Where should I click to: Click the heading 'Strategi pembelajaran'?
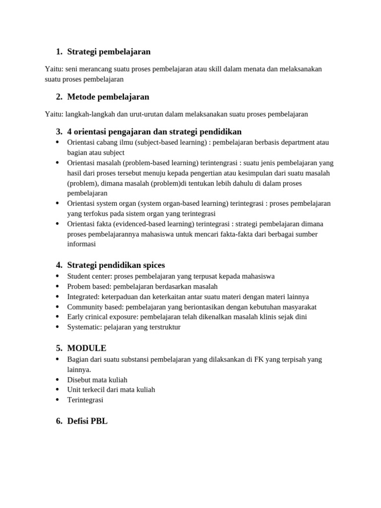click(x=109, y=52)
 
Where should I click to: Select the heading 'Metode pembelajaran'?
click(x=108, y=96)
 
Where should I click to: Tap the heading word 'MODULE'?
click(x=86, y=348)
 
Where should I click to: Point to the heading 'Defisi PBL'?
click(x=87, y=421)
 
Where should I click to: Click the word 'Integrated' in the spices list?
click(x=83, y=297)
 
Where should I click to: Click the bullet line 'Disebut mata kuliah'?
click(x=97, y=380)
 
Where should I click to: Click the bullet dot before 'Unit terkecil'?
click(x=57, y=389)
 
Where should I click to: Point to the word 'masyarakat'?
click(x=298, y=307)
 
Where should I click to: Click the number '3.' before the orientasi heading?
click(x=59, y=131)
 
